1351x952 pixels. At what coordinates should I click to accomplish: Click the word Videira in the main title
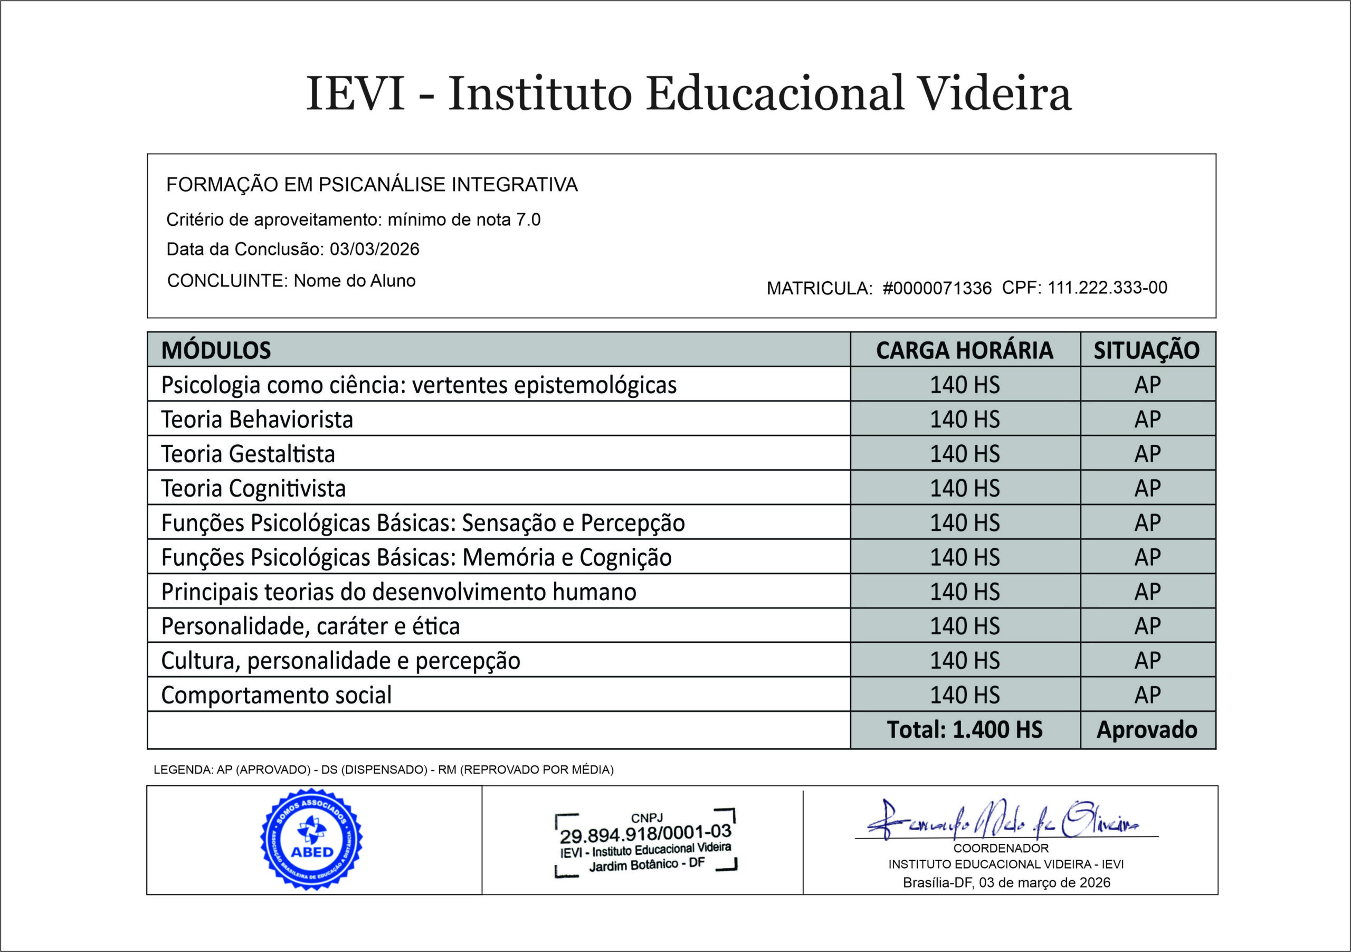(994, 93)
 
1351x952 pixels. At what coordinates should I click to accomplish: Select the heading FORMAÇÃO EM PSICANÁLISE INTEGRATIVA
(372, 185)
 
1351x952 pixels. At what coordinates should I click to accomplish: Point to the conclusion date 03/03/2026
(374, 250)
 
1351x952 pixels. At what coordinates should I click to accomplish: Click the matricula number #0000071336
(937, 288)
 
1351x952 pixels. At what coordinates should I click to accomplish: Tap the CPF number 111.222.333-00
(1107, 288)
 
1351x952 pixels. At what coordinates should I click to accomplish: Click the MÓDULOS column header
(216, 351)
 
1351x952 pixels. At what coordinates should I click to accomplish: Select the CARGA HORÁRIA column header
(964, 351)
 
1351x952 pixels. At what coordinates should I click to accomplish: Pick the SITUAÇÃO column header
(1146, 351)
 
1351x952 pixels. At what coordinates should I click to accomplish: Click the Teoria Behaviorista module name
(257, 420)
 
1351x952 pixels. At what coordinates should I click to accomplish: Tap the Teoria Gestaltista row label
(248, 454)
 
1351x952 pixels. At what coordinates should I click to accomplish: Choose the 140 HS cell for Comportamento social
(964, 696)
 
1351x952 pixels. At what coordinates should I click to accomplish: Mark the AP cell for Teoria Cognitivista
(1147, 488)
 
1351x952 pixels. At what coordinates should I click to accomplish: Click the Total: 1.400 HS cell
(964, 730)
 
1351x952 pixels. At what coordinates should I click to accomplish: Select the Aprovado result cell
(1147, 730)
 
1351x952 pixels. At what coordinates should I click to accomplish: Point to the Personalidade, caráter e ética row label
(310, 626)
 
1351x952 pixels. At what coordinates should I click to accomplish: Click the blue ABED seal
(312, 839)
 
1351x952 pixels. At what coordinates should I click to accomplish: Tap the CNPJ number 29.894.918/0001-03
(645, 834)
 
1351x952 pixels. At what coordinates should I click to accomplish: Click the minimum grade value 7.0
(528, 220)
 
